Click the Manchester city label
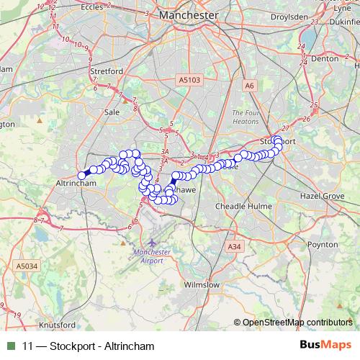(x=189, y=14)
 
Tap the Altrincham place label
(x=76, y=184)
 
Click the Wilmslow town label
(x=202, y=284)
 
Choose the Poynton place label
(x=323, y=245)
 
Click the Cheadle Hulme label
(x=245, y=206)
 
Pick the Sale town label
(x=112, y=112)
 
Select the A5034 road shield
(x=25, y=266)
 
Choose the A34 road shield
(x=233, y=247)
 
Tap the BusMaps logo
(x=320, y=346)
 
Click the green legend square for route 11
(x=9, y=346)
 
